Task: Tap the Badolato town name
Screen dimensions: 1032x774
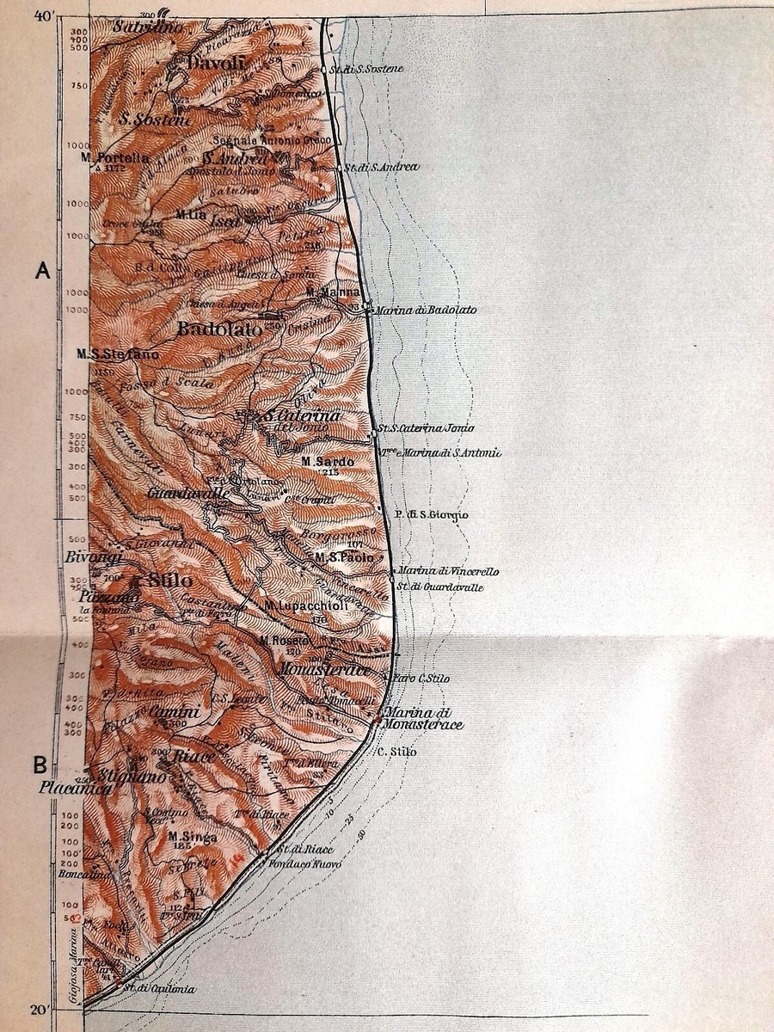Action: pos(212,329)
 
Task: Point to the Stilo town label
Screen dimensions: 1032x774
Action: pos(169,580)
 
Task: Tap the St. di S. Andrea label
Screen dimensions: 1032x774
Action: pos(381,166)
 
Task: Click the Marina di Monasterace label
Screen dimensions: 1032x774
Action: pos(423,718)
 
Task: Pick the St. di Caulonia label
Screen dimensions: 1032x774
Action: pos(159,989)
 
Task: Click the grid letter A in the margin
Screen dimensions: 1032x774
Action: pos(41,272)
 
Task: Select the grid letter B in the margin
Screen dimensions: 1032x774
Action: pos(40,764)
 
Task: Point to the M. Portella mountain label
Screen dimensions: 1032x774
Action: pos(114,158)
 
